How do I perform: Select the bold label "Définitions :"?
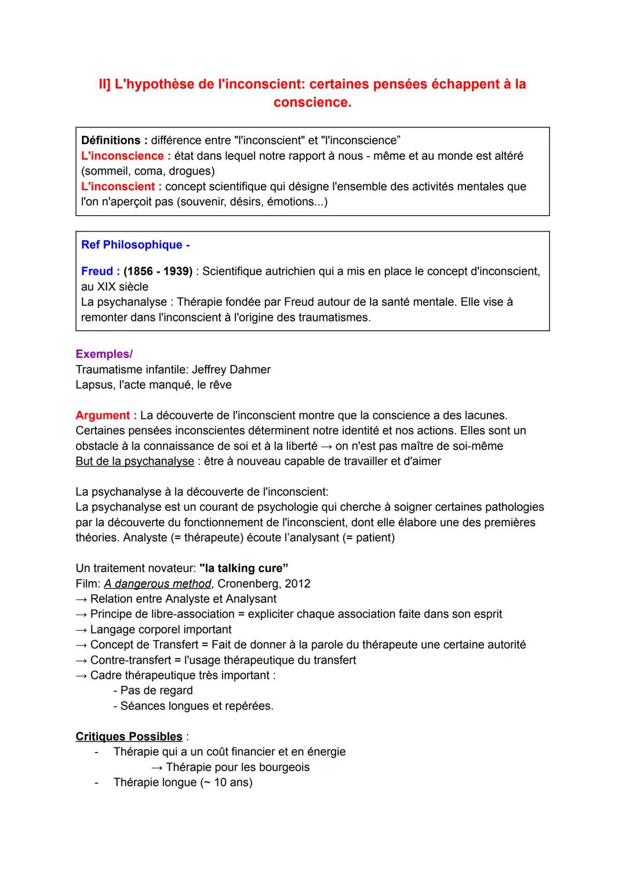click(114, 140)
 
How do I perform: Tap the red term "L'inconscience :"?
click(126, 156)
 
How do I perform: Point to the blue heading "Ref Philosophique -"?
click(136, 245)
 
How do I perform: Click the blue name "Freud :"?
click(101, 272)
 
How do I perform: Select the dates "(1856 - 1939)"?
click(158, 272)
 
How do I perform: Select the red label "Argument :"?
click(106, 415)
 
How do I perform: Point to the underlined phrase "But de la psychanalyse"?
click(134, 461)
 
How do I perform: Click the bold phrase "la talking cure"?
click(243, 568)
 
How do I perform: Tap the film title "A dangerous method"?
click(158, 584)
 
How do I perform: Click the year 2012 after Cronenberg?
click(297, 584)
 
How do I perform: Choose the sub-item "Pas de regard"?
click(156, 690)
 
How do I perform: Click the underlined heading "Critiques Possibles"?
click(129, 737)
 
